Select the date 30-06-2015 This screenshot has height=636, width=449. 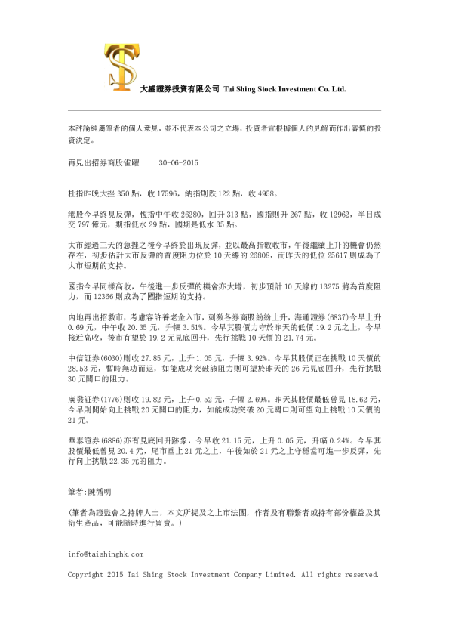click(x=180, y=162)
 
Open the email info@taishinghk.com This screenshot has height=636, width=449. click(x=106, y=554)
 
